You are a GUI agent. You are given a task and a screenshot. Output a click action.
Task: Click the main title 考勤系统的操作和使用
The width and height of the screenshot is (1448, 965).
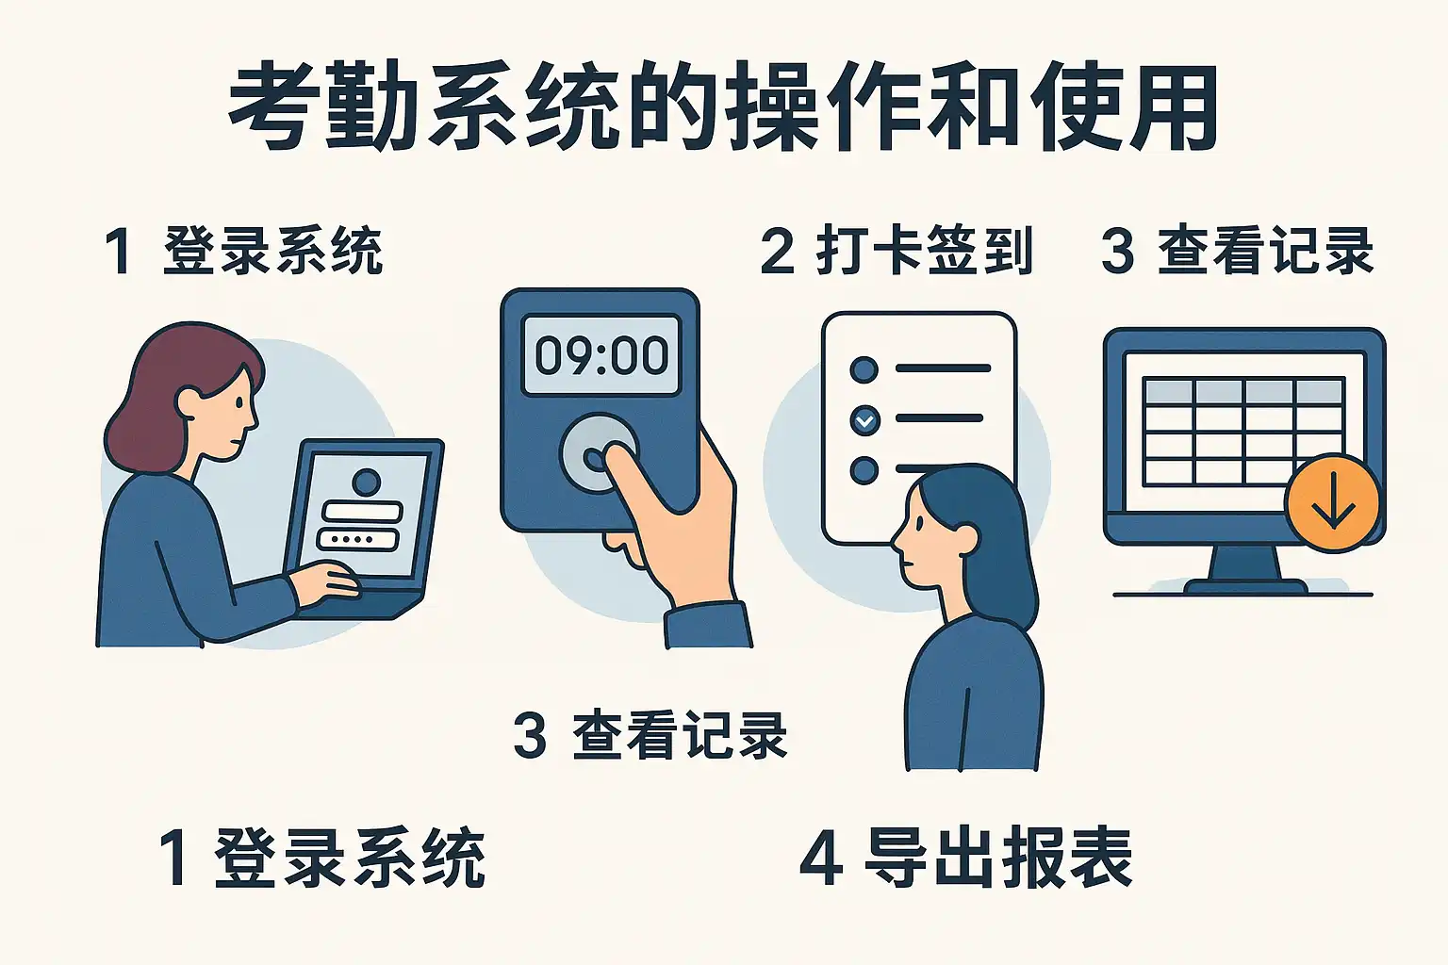[723, 106]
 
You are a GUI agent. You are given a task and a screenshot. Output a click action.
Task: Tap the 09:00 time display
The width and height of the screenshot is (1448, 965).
[601, 355]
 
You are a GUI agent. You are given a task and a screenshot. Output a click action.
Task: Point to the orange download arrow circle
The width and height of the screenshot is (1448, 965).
[1333, 503]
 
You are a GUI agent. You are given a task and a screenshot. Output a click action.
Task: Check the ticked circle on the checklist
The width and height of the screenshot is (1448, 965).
[864, 420]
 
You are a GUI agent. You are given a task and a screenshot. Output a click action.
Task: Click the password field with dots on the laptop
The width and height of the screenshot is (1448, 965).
[358, 539]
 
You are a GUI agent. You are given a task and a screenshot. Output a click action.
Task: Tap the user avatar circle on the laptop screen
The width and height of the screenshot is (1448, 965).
[367, 482]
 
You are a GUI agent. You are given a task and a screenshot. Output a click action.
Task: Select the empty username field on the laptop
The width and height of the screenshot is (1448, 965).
[362, 512]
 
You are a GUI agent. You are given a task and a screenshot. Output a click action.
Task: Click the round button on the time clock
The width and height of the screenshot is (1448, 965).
[599, 453]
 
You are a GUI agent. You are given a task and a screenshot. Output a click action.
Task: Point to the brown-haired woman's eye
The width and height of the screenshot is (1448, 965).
[239, 402]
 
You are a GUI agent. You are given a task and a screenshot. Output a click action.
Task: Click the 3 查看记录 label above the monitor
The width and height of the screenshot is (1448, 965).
[1237, 251]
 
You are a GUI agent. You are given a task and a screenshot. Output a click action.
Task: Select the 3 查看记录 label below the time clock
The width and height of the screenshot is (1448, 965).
[650, 735]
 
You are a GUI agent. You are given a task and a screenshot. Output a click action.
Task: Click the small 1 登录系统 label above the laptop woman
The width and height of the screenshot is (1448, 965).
[243, 251]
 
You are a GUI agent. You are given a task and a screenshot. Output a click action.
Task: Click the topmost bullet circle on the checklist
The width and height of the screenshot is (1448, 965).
[864, 369]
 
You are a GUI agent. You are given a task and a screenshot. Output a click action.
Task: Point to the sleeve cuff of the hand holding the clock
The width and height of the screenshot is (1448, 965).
[709, 625]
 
